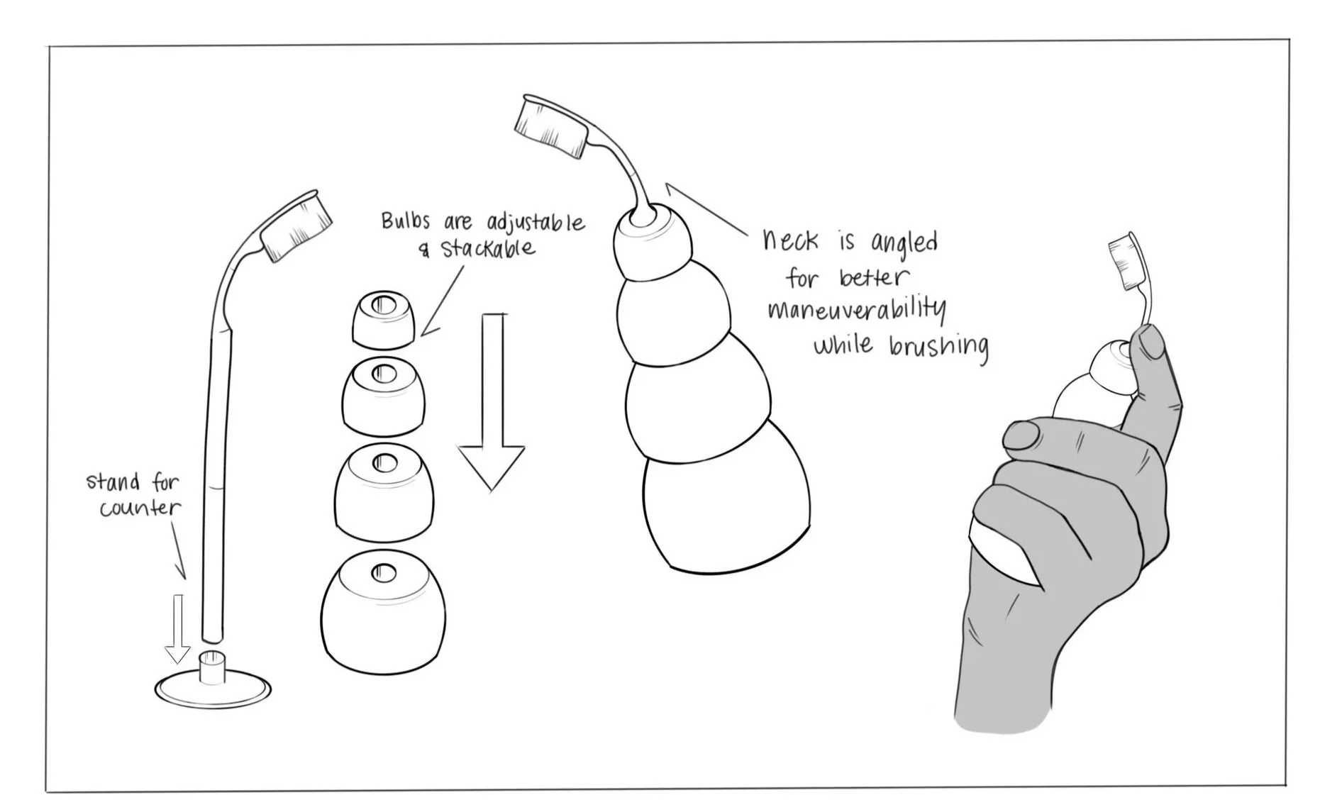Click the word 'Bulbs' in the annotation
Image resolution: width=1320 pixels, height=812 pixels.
(406, 221)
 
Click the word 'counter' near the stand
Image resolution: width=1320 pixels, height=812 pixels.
(140, 508)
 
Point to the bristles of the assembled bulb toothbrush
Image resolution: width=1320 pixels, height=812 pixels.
(550, 126)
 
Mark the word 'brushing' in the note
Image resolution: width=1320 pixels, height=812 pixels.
(938, 347)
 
